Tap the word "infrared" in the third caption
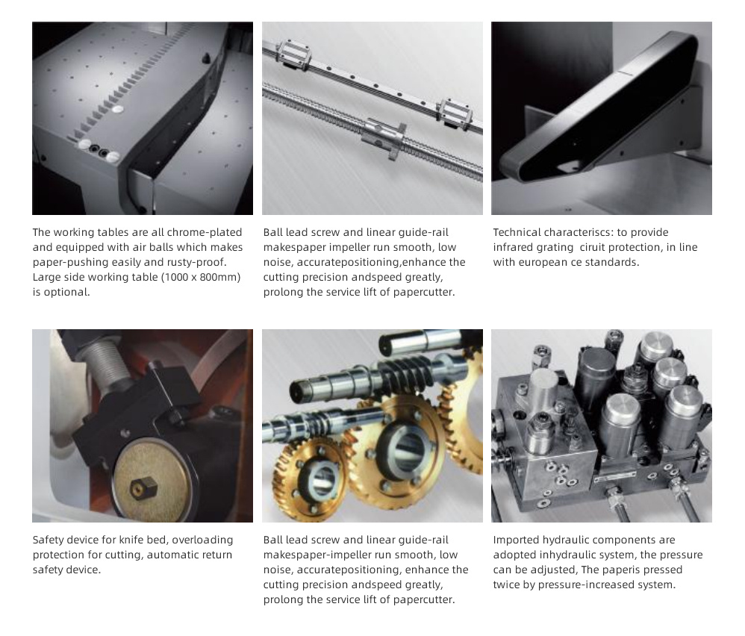pos(514,247)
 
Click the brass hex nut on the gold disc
pos(143,487)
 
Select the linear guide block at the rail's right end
pos(455,114)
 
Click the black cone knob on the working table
pos(206,58)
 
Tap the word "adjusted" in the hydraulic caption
pos(552,570)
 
